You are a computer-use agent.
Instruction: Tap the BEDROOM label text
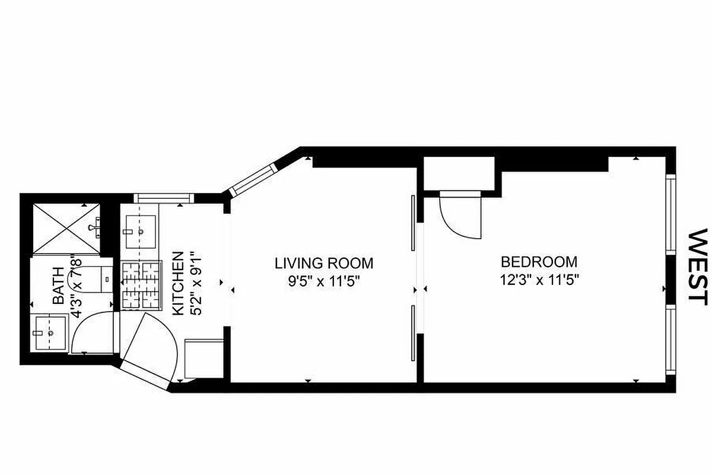(x=539, y=262)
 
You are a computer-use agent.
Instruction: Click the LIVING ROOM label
(x=323, y=263)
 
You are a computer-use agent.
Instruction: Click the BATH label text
(x=59, y=286)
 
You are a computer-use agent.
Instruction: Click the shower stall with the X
(x=65, y=229)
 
